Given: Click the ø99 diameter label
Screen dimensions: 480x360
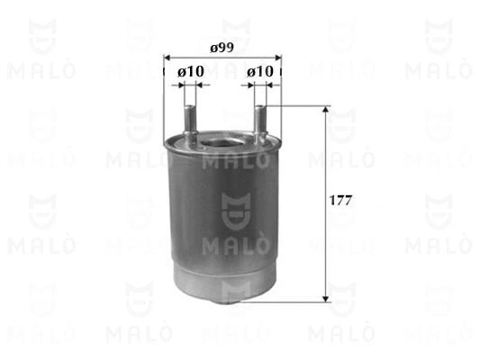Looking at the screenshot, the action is [x=222, y=48].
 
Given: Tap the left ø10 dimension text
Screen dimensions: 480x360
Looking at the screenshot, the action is [x=191, y=72].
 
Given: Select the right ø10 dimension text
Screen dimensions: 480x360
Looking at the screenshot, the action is [x=260, y=72].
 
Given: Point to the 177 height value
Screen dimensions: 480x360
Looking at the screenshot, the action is [x=340, y=201].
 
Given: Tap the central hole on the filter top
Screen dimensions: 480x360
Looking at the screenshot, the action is [x=222, y=144].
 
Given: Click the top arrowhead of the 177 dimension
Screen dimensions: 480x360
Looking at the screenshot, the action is [x=326, y=110].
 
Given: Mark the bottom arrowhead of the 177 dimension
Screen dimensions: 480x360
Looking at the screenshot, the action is [x=326, y=299].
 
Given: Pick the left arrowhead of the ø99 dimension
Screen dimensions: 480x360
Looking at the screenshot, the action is [x=168, y=58].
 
